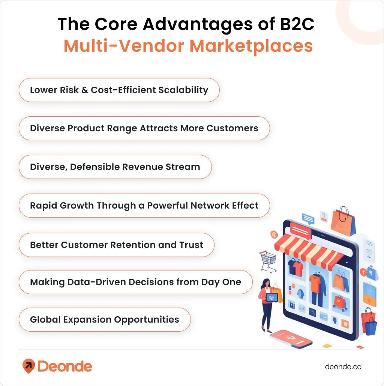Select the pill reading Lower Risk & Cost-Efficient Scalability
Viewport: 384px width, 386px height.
119,90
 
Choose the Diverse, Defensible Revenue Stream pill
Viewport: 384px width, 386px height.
115,167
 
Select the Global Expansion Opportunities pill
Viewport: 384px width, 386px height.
105,320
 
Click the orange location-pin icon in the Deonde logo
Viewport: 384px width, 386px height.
28,365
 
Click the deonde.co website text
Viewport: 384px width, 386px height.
343,366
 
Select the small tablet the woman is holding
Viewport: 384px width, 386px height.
273,297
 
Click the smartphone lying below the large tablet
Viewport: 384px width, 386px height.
291,339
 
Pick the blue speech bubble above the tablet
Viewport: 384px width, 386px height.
308,218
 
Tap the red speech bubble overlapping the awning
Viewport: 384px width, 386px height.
300,229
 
